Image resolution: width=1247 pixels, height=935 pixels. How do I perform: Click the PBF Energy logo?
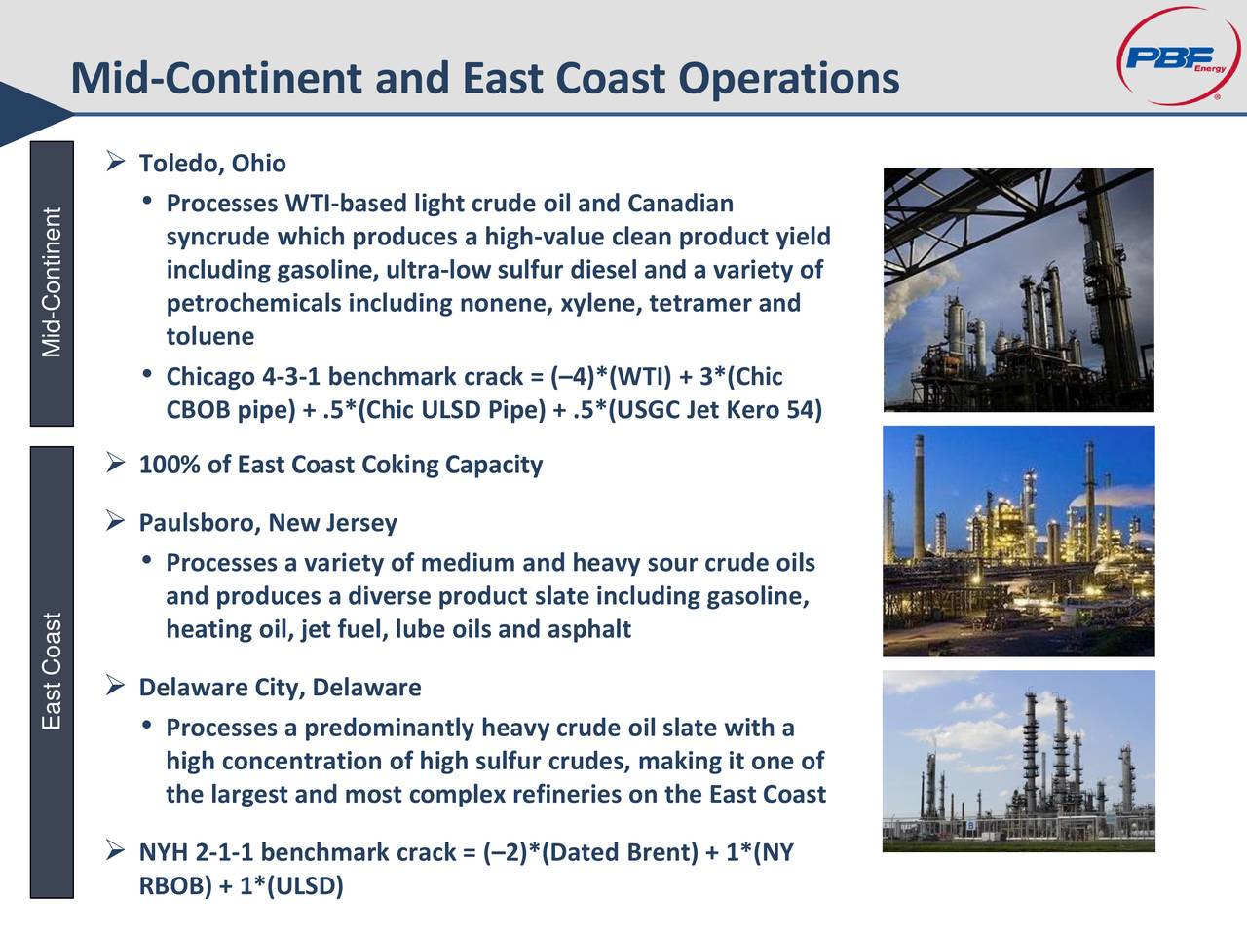[x=1178, y=56]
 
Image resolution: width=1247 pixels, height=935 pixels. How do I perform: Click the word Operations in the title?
[x=789, y=79]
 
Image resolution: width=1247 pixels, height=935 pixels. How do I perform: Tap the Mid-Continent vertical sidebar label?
[x=52, y=282]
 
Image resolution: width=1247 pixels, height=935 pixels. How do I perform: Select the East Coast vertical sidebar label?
[x=52, y=671]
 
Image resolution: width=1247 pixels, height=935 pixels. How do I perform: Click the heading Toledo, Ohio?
[x=212, y=164]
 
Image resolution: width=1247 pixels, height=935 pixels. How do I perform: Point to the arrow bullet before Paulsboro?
[x=115, y=520]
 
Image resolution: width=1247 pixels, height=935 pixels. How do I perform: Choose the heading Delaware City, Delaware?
[x=280, y=688]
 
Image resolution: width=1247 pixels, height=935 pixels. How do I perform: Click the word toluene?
[x=210, y=336]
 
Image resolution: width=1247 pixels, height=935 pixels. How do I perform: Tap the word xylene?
[x=601, y=304]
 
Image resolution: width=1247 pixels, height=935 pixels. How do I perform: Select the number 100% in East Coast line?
[x=170, y=465]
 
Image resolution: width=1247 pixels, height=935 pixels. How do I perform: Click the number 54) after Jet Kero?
[x=804, y=410]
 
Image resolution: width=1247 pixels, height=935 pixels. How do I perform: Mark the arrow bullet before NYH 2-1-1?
[x=115, y=850]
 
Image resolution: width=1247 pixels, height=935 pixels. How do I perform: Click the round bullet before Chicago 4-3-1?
[x=147, y=374]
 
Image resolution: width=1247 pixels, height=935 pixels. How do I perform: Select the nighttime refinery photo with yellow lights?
[x=1019, y=541]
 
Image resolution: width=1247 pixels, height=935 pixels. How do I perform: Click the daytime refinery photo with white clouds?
[x=1019, y=761]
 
